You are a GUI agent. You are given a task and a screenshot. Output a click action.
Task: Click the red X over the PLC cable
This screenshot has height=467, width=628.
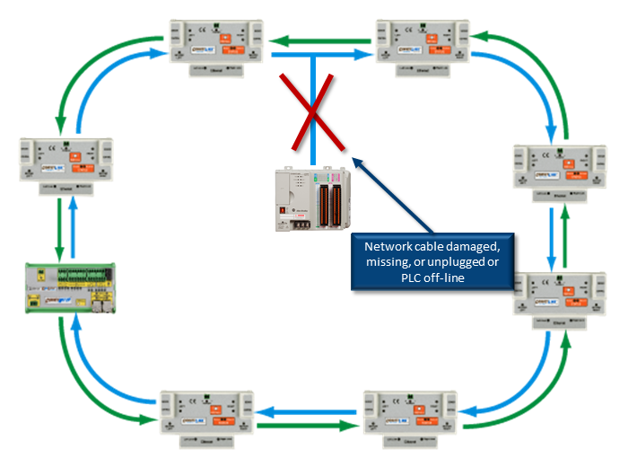click(311, 113)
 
